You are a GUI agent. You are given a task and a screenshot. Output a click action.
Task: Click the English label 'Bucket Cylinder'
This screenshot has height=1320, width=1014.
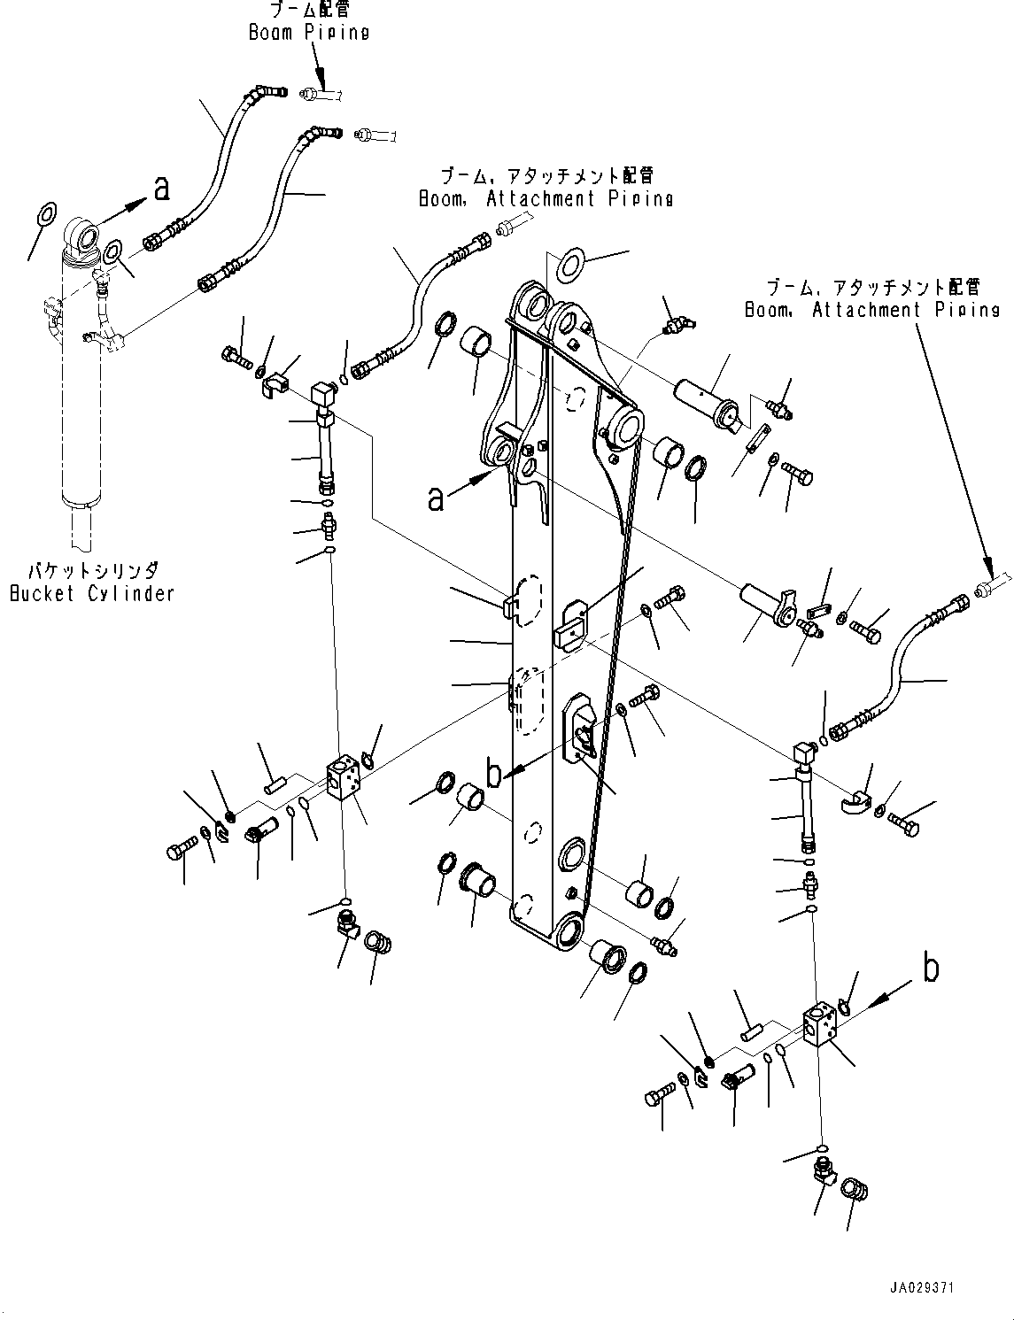[91, 593]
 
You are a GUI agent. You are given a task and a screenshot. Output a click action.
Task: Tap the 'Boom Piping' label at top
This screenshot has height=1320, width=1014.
[308, 32]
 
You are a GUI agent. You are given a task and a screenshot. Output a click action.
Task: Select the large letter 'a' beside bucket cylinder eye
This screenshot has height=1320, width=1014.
[161, 188]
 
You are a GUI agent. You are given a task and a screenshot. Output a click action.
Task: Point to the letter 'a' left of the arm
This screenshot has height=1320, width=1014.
[435, 498]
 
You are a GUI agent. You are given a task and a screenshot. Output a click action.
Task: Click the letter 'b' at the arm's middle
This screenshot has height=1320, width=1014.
[494, 772]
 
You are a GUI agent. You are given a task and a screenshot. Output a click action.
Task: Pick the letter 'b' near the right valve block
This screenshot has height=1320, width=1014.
[930, 968]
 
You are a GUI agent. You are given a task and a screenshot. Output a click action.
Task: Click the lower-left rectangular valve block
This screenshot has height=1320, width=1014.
[344, 779]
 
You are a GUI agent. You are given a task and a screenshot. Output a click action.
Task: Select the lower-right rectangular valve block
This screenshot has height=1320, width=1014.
[821, 1028]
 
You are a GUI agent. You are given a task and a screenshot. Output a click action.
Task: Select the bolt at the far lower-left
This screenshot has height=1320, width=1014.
[175, 852]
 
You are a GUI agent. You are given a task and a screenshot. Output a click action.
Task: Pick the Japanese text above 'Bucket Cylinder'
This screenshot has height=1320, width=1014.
[92, 573]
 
